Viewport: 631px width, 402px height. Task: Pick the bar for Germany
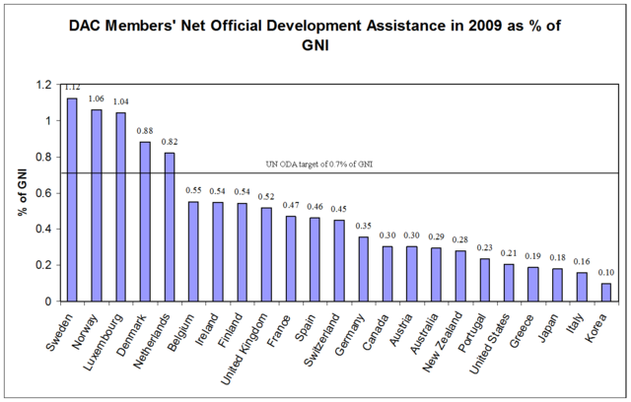tap(363, 268)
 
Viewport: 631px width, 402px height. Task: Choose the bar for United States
tap(508, 282)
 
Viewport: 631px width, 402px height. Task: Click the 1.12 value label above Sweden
tap(72, 88)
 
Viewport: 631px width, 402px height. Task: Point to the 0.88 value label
tap(144, 132)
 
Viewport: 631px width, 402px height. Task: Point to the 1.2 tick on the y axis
tap(42, 85)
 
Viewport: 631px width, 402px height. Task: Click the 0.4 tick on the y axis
tap(42, 230)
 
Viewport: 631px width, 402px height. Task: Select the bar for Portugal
tap(484, 279)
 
